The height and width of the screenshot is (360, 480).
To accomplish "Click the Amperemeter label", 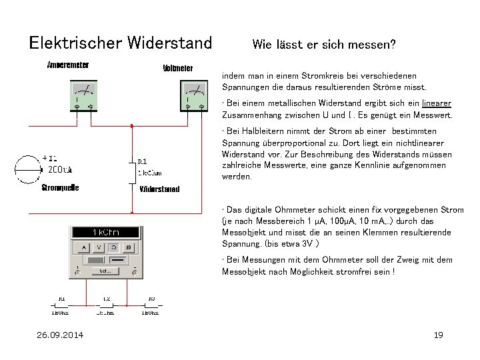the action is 68,65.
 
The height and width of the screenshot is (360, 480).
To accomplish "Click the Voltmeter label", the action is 177,68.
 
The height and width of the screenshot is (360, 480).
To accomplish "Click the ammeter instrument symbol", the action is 84,95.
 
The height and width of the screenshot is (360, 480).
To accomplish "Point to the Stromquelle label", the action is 60,188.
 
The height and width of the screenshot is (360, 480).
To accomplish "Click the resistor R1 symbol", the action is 134,173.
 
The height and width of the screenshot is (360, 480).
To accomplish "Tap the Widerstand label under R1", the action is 159,189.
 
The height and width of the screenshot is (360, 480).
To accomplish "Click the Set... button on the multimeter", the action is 105,271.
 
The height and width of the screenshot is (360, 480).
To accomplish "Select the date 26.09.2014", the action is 60,335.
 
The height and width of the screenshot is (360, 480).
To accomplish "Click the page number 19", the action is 438,335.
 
